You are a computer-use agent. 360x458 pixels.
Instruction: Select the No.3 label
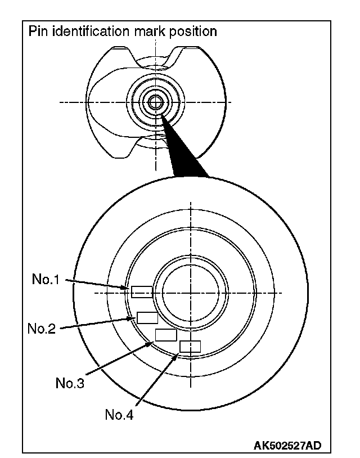pyautogui.click(x=69, y=384)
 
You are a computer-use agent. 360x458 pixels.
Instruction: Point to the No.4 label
pyautogui.click(x=119, y=415)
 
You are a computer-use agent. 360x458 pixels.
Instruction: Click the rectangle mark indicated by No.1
pyautogui.click(x=141, y=291)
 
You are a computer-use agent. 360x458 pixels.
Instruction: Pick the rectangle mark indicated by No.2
pyautogui.click(x=147, y=317)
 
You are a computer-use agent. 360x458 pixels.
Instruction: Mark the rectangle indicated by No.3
pyautogui.click(x=165, y=335)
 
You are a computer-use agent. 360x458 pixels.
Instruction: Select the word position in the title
pyautogui.click(x=194, y=32)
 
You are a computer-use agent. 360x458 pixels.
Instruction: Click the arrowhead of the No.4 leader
pyautogui.click(x=179, y=354)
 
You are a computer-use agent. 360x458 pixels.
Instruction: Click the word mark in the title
pyautogui.click(x=151, y=31)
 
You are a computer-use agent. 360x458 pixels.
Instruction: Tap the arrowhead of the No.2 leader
pyautogui.click(x=133, y=318)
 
